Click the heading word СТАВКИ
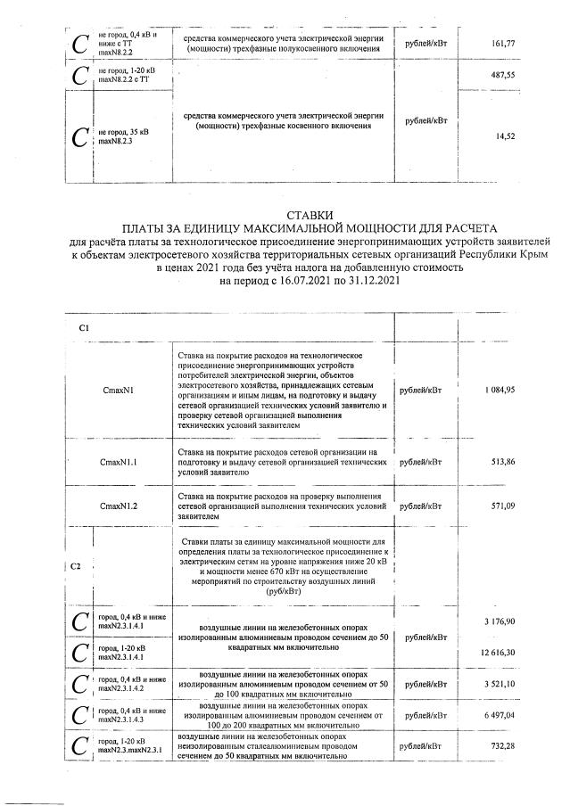tap(310, 215)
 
